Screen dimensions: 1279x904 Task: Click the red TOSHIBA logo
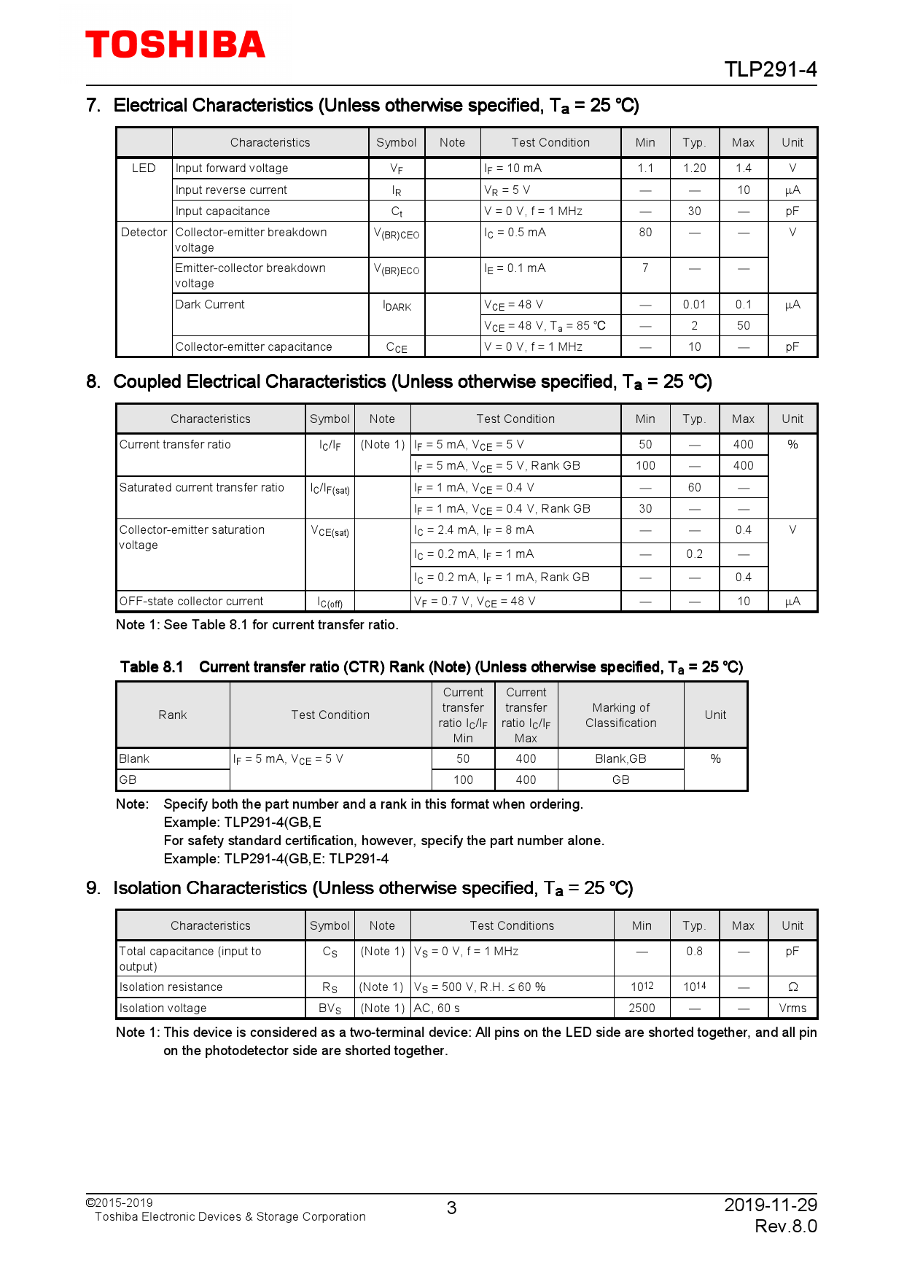tap(175, 45)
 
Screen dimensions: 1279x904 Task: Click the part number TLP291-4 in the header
tap(770, 69)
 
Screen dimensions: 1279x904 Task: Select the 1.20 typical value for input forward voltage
tap(694, 168)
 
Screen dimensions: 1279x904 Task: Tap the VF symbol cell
tap(396, 168)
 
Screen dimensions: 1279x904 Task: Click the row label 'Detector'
tap(144, 233)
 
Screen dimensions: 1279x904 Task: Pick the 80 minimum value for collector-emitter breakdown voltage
tap(645, 233)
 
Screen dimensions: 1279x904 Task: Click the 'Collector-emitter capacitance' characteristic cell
tap(254, 347)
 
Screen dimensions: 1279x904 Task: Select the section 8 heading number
tap(93, 382)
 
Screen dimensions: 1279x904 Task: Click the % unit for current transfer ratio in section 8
tap(792, 445)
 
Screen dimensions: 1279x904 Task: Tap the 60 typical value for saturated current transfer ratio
tap(694, 488)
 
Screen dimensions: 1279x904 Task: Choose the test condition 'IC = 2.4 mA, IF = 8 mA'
tap(474, 531)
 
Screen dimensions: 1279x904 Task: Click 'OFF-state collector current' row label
tap(191, 602)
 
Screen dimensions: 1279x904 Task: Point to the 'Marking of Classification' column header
tap(620, 715)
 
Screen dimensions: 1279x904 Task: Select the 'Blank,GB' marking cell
tap(620, 759)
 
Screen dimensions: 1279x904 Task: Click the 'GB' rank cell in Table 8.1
tap(128, 780)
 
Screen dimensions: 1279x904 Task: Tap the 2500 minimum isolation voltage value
tap(642, 1008)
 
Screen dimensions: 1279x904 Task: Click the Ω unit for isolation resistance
tap(792, 987)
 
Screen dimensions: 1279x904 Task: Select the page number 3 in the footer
tap(451, 1208)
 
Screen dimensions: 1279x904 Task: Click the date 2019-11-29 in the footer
tap(770, 1205)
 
